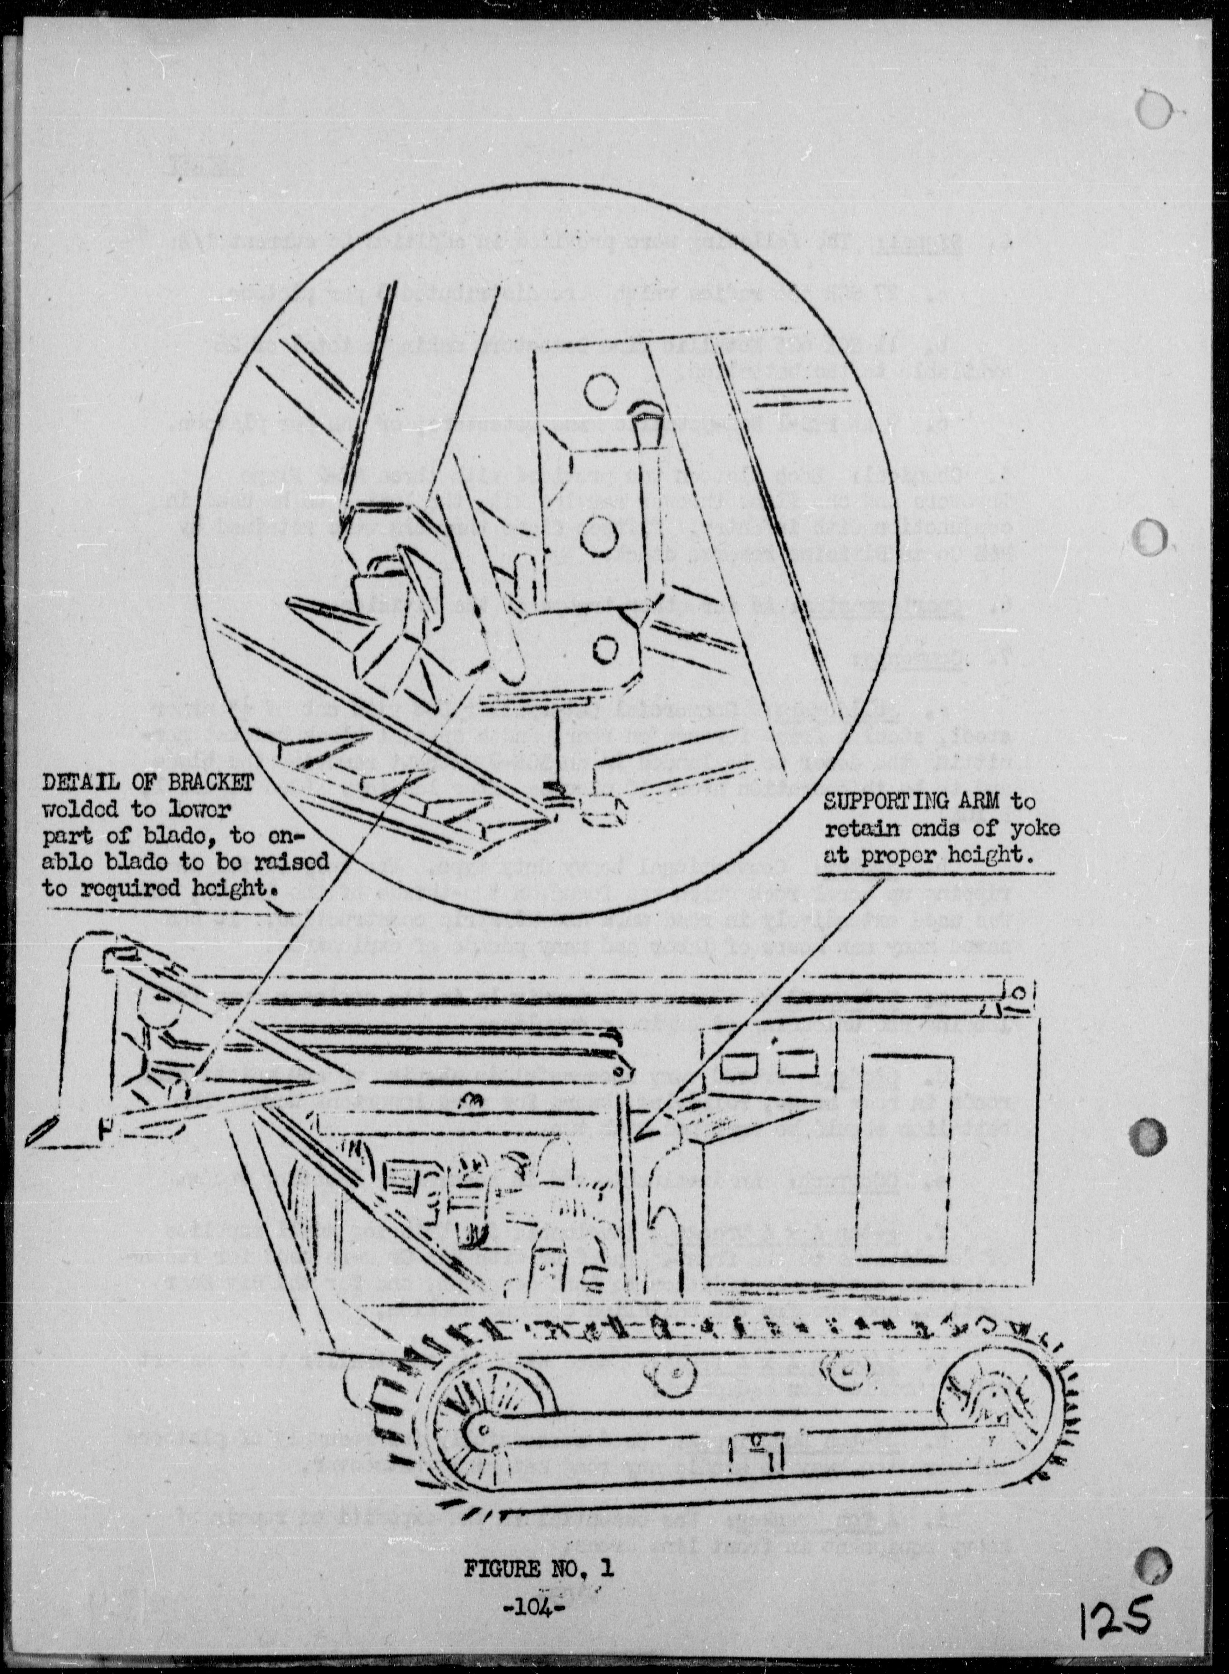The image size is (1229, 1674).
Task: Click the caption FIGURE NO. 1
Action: (539, 1585)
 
